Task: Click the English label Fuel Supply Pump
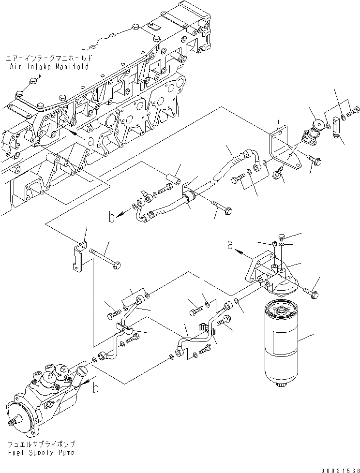coord(41,453)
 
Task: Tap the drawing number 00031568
coord(340,470)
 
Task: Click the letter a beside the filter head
coord(230,246)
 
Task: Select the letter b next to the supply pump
coord(95,388)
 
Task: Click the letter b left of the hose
coord(112,217)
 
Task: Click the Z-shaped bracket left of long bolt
coord(79,257)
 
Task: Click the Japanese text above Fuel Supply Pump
coord(41,444)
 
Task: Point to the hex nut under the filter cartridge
coord(281,384)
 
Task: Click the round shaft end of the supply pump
coord(13,422)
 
